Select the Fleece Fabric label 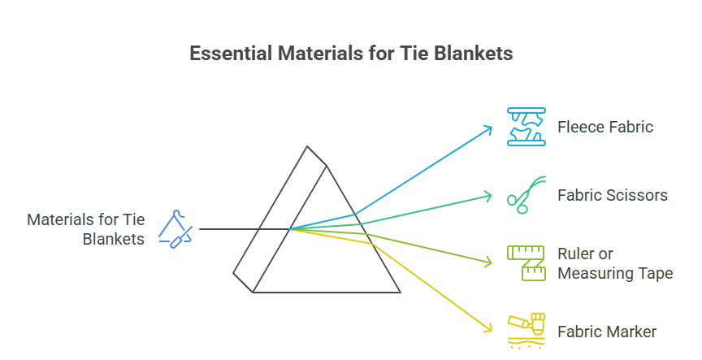pyautogui.click(x=604, y=127)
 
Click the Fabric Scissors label pyautogui.click(x=612, y=195)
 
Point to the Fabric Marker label pyautogui.click(x=606, y=332)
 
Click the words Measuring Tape pyautogui.click(x=615, y=273)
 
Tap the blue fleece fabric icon pyautogui.click(x=526, y=127)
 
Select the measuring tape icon pyautogui.click(x=526, y=262)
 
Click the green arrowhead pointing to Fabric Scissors pyautogui.click(x=489, y=194)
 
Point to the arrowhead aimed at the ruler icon pyautogui.click(x=489, y=262)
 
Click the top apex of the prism pyautogui.click(x=307, y=147)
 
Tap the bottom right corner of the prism pyautogui.click(x=400, y=291)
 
